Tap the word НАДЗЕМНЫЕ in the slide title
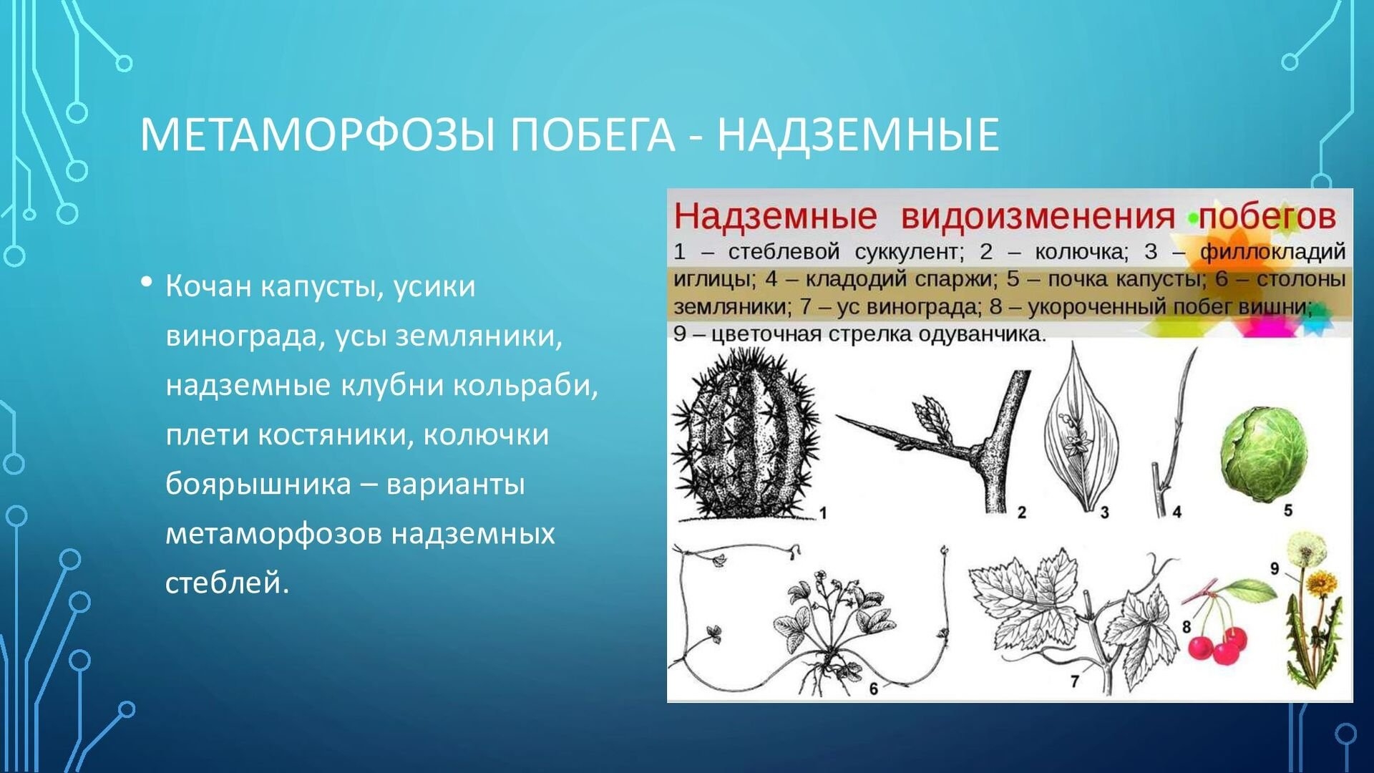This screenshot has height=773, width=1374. [x=858, y=134]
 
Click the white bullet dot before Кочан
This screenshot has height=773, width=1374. [x=147, y=282]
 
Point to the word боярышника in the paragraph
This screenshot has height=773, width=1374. [x=258, y=484]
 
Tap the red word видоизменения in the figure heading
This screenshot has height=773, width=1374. [x=1038, y=216]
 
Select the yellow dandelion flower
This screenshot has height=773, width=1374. [x=1321, y=584]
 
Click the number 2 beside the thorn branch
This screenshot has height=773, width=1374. [x=1021, y=512]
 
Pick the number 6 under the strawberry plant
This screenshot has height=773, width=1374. [x=873, y=689]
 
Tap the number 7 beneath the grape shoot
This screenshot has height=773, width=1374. [x=1074, y=681]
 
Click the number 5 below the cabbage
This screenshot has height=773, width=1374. [x=1288, y=510]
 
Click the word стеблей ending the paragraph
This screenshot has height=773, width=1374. [x=227, y=583]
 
